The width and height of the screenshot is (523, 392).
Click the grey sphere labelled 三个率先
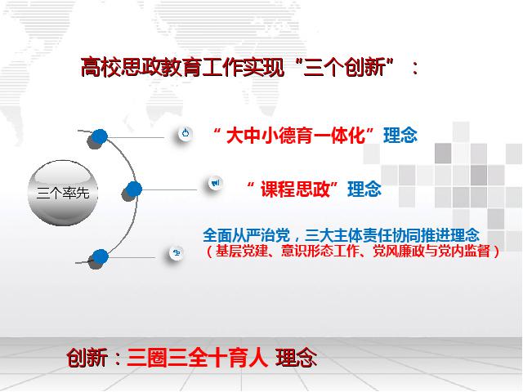[63, 193]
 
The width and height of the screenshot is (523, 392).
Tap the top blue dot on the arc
[99, 136]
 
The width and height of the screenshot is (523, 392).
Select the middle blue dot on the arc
[133, 189]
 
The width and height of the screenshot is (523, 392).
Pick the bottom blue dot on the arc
[100, 257]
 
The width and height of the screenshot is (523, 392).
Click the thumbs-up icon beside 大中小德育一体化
[186, 134]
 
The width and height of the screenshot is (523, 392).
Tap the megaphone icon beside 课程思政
[216, 183]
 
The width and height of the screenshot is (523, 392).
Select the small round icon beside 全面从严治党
[177, 253]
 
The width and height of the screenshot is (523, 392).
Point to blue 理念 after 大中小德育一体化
[400, 136]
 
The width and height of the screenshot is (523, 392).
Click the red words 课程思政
[295, 189]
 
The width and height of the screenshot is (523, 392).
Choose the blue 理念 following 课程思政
[364, 189]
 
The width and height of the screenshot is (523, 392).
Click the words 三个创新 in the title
[344, 67]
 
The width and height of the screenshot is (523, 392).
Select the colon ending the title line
[414, 68]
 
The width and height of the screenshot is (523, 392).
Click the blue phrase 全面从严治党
[247, 235]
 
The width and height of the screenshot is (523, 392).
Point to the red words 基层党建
[242, 251]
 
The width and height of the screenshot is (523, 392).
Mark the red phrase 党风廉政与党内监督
[431, 251]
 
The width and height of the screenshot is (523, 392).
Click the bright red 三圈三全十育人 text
[198, 358]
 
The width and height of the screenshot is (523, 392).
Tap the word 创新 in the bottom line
[87, 358]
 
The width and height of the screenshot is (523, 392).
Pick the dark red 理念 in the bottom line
[296, 358]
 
